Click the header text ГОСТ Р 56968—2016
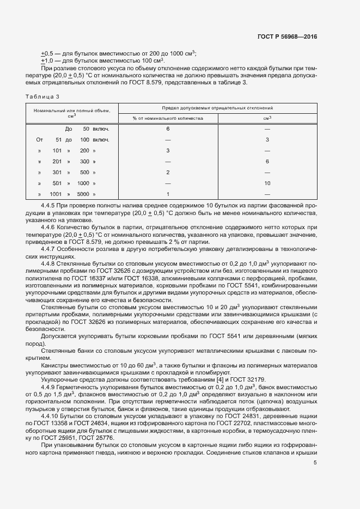[287, 36]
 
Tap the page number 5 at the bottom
[315, 463]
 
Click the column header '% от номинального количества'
[168, 118]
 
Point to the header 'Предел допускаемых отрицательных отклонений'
[217, 108]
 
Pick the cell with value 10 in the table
[267, 183]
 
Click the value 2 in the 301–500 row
[168, 172]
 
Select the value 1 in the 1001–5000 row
[168, 194]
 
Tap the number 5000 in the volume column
[83, 194]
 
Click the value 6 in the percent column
[168, 128]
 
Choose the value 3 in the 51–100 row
[267, 139]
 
